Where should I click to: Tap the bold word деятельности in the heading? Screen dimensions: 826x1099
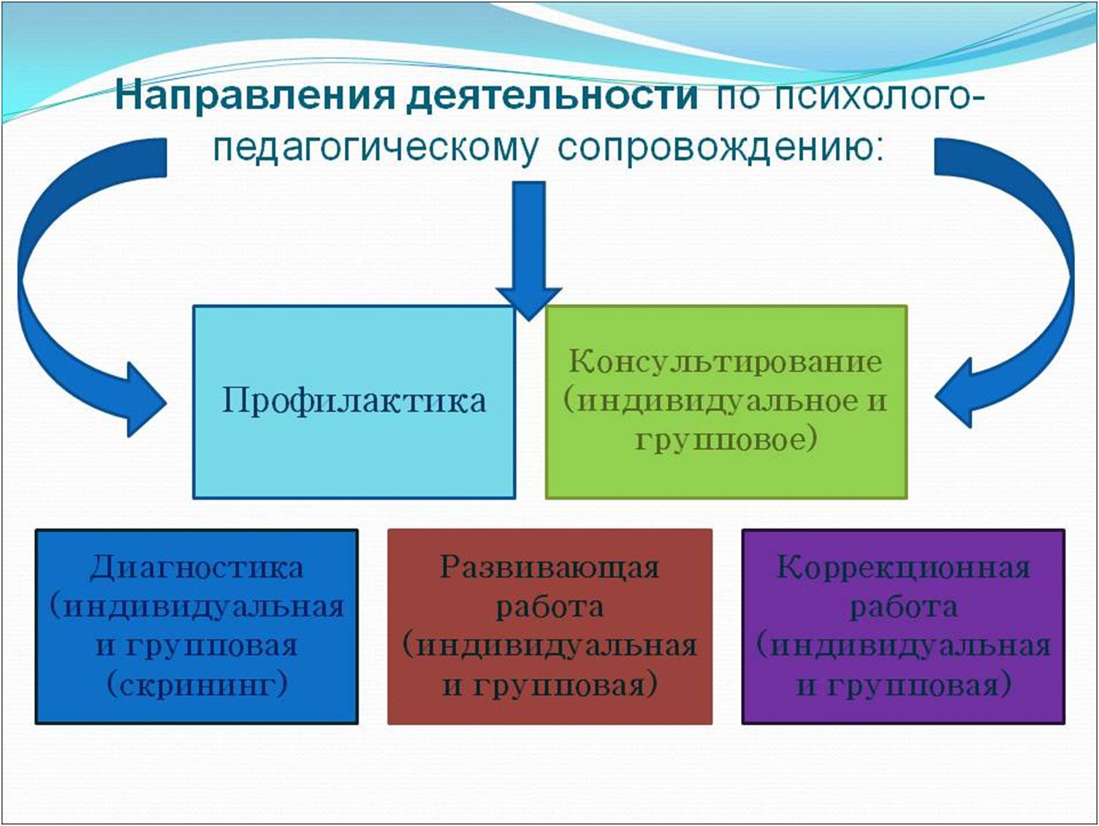(552, 96)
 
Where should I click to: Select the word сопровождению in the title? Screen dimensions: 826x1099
(720, 148)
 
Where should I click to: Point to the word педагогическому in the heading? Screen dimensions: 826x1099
(376, 149)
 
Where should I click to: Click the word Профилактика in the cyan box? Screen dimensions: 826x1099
(354, 401)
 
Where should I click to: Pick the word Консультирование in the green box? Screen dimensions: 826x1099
(726, 362)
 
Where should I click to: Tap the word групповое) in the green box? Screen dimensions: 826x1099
(726, 440)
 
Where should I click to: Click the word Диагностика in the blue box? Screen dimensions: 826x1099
(197, 568)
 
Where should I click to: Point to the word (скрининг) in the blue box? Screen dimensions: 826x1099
(197, 685)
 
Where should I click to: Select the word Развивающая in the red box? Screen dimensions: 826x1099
(549, 568)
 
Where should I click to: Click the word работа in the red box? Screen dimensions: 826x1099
(549, 607)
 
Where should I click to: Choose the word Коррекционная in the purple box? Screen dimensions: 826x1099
(903, 568)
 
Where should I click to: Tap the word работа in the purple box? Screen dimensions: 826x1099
(903, 607)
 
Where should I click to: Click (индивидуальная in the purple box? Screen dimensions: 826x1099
(903, 646)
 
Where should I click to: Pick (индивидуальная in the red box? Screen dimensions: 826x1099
(549, 646)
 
